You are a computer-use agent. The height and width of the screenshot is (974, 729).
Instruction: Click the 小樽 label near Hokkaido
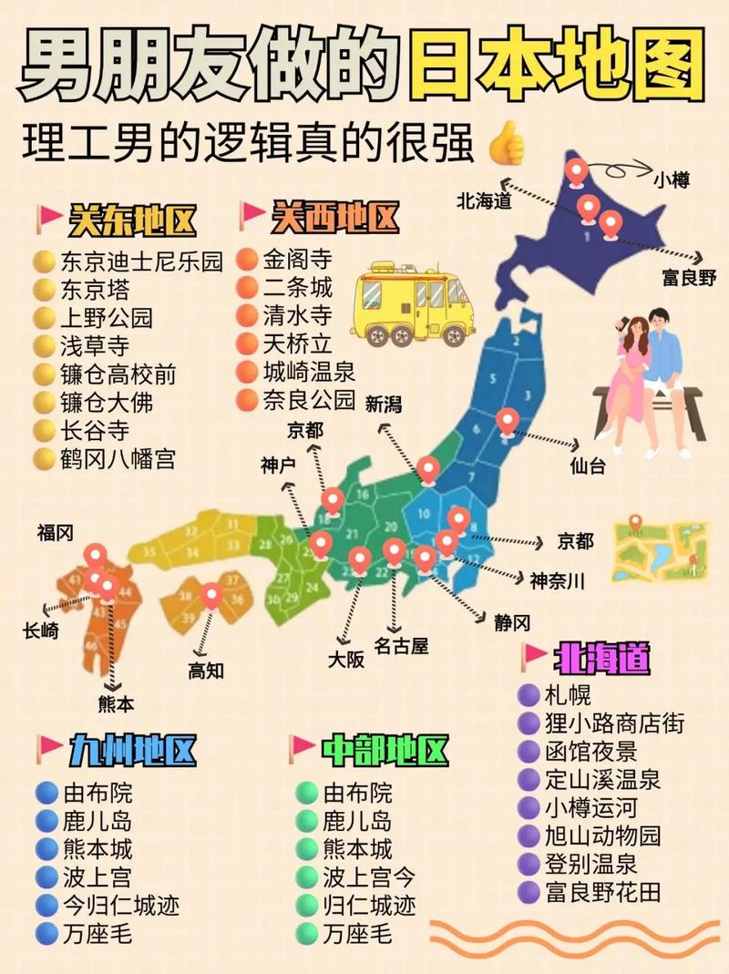coord(671,179)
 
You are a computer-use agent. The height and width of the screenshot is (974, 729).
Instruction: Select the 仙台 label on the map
coord(588,466)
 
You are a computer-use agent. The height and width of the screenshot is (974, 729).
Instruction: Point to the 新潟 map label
coord(384,404)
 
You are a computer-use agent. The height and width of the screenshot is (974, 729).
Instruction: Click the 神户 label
coord(278,466)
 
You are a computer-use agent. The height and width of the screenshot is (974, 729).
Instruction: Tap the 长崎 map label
coord(42,629)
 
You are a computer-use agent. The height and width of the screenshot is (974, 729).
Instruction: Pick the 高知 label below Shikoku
coord(206,671)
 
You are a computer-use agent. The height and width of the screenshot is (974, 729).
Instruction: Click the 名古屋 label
coord(401,647)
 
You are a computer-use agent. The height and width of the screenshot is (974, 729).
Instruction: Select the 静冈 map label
coord(512,623)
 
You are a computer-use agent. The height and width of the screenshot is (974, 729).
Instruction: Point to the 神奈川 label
coord(558,579)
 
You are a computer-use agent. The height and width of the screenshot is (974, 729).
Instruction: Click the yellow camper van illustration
coord(414,302)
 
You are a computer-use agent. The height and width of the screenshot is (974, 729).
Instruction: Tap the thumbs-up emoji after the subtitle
coord(507,145)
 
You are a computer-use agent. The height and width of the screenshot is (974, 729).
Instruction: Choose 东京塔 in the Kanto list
coord(95,290)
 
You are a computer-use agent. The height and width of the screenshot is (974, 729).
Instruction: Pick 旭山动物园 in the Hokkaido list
coord(602,836)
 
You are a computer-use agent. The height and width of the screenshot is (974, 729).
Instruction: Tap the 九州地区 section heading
coord(132,752)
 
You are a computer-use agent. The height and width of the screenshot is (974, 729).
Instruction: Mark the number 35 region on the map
coord(149,551)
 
